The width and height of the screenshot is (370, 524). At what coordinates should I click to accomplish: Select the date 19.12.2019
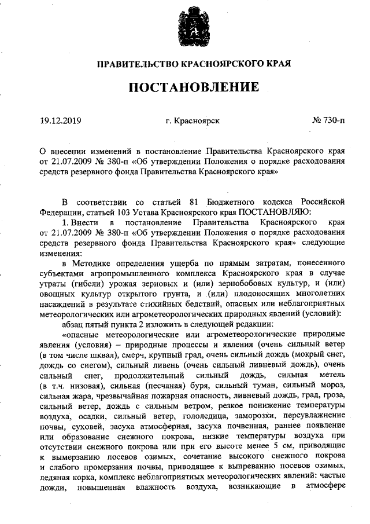pos(61,121)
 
